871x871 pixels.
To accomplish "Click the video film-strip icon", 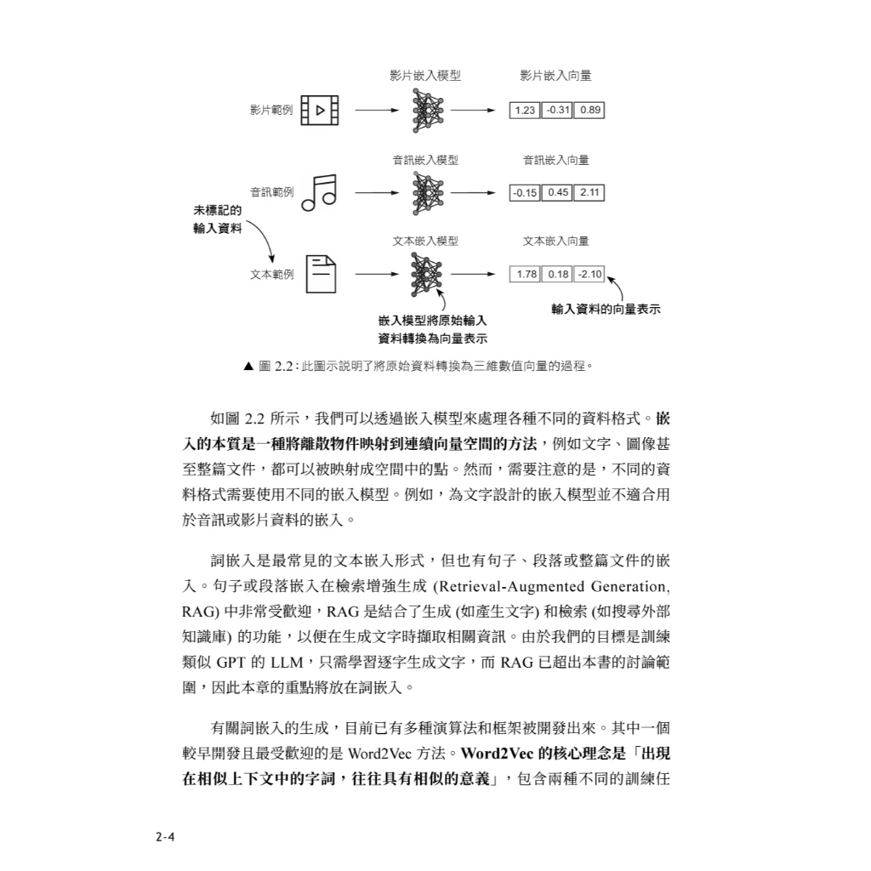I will tap(319, 110).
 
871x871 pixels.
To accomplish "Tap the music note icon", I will tap(319, 192).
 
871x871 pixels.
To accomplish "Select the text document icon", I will tap(320, 274).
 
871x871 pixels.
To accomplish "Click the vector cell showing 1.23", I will tap(525, 111).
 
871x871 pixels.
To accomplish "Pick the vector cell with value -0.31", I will tap(557, 111).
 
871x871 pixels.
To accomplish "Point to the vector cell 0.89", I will tap(589, 111).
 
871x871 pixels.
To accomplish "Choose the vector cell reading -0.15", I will tap(525, 193).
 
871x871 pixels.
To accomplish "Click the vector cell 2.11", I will tap(589, 193).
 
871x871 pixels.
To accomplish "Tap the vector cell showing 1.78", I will tap(527, 275).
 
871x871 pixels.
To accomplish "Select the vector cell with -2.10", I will tap(589, 275).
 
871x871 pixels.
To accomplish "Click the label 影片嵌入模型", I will tap(425, 76).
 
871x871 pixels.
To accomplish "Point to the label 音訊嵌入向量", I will tap(555, 159).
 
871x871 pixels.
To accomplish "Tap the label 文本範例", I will tap(271, 275).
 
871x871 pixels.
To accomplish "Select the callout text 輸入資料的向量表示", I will tap(606, 310).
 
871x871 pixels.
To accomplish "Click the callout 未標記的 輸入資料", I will tap(218, 219).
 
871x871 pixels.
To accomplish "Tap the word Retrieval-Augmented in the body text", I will tap(509, 587).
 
